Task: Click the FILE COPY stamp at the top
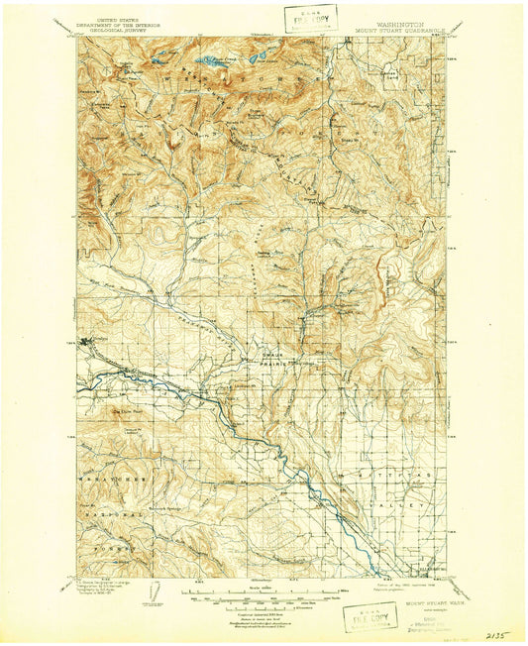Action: coord(309,19)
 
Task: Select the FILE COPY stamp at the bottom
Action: coord(368,616)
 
